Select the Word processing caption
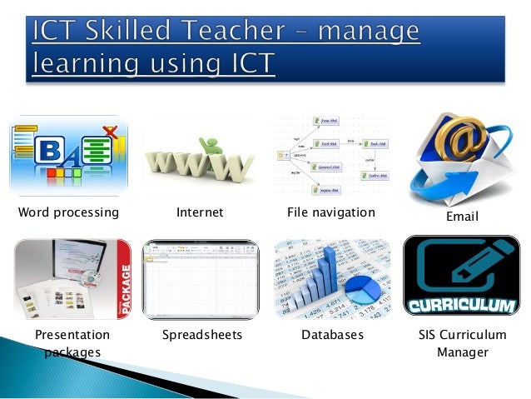tap(68, 212)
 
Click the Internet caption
tap(200, 212)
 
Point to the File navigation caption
tap(331, 212)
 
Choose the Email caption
tap(463, 217)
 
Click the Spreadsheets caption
tap(201, 335)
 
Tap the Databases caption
tap(332, 335)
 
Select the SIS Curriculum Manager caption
tap(462, 343)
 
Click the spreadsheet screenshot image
tap(201, 280)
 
